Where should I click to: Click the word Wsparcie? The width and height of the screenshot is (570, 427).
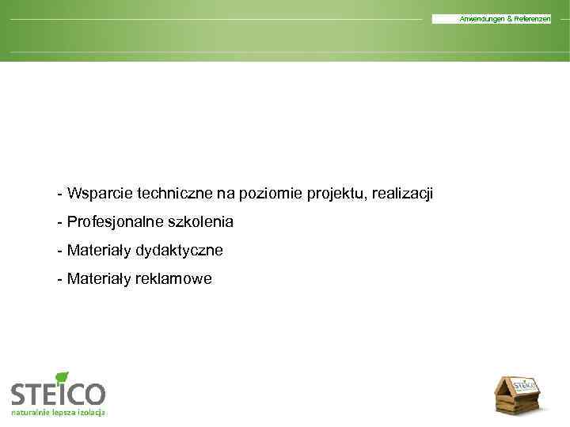pyautogui.click(x=100, y=194)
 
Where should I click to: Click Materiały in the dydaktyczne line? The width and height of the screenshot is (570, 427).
pyautogui.click(x=99, y=251)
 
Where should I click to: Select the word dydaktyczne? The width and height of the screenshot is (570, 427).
pyautogui.click(x=179, y=251)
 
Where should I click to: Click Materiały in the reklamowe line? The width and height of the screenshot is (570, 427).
pyautogui.click(x=99, y=279)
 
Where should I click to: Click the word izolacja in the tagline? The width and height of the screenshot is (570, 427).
pyautogui.click(x=91, y=414)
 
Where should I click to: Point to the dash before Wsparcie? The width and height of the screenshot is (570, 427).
pyautogui.click(x=59, y=195)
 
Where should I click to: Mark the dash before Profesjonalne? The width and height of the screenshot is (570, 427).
pyautogui.click(x=59, y=223)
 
